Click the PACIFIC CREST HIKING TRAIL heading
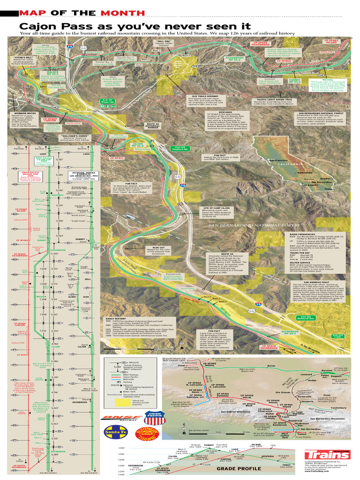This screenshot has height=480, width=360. (x=275, y=99)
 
